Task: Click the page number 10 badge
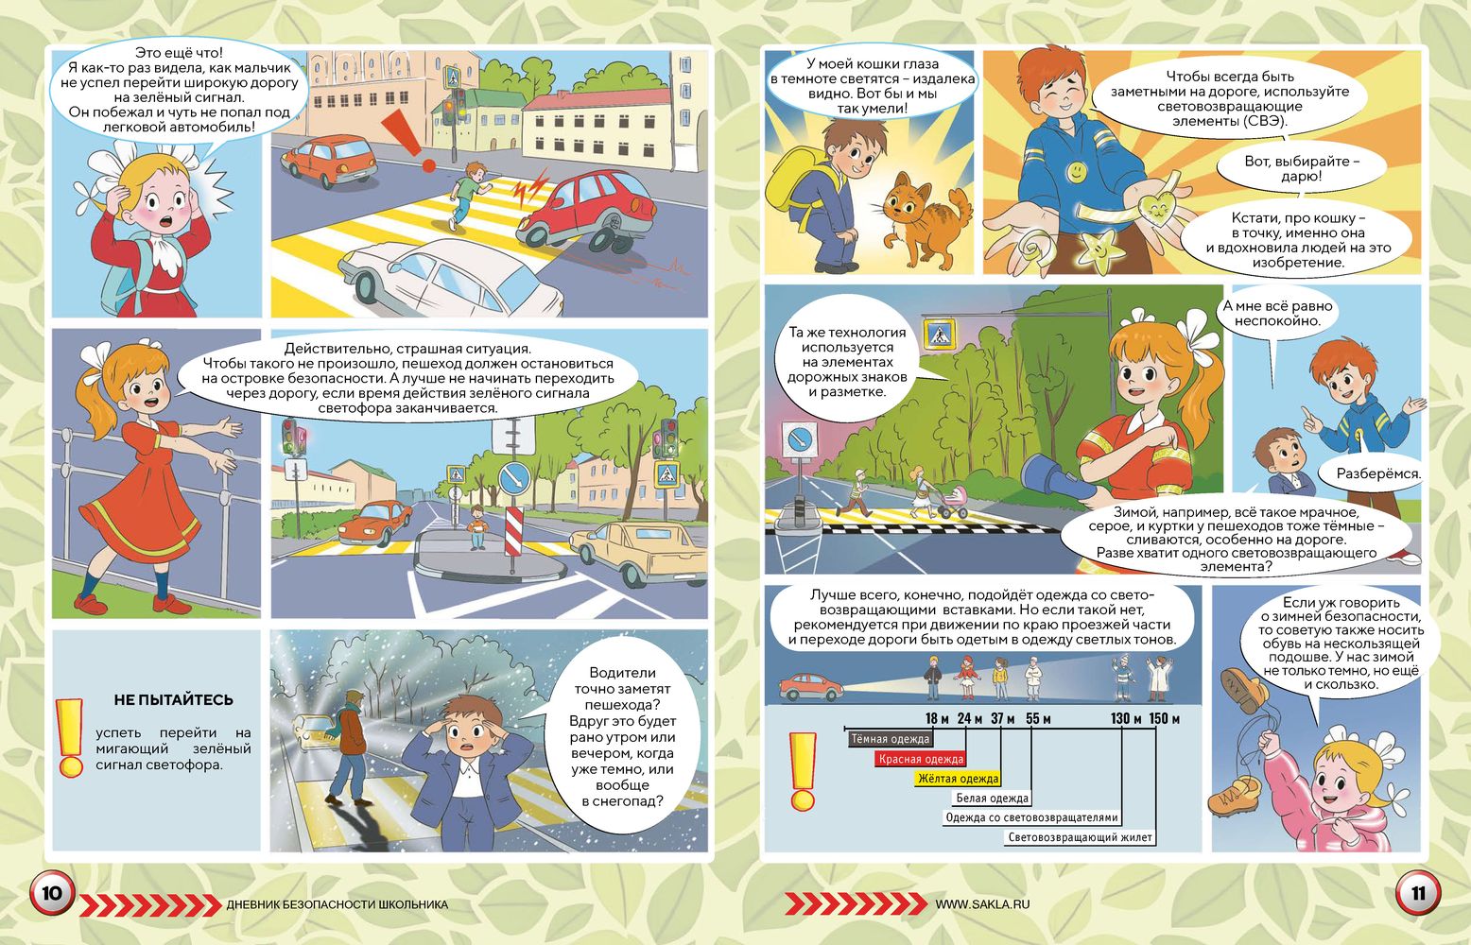(x=52, y=893)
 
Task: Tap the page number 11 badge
(x=1418, y=893)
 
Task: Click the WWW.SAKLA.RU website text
(x=982, y=904)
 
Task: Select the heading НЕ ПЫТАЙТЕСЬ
(x=173, y=699)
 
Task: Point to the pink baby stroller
(x=953, y=502)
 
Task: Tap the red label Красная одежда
(x=920, y=759)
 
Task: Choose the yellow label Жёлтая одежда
(x=958, y=779)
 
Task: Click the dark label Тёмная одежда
(x=890, y=740)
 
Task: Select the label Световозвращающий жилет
(x=1080, y=837)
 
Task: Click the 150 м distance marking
(x=1165, y=718)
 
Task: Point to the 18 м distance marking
(x=937, y=718)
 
